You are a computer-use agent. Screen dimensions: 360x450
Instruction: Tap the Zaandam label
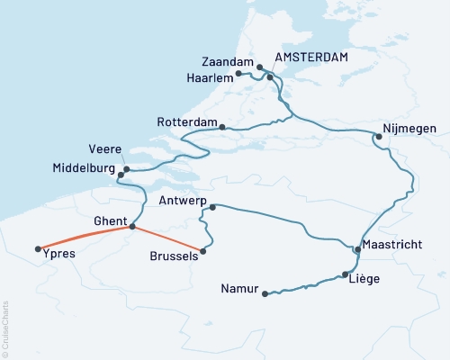[x=227, y=62]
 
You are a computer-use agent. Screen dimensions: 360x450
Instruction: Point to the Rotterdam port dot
[x=222, y=127]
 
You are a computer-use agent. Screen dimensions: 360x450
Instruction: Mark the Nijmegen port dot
[x=378, y=137]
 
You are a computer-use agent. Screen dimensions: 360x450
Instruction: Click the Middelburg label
[x=85, y=168]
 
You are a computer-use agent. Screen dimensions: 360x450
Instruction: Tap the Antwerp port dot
[x=212, y=208]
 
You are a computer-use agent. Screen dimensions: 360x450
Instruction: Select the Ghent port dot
[x=132, y=227]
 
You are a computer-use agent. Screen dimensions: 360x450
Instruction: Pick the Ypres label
[x=58, y=255]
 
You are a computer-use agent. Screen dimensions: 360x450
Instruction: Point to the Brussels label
[x=173, y=256]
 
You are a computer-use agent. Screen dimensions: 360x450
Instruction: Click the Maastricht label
[x=397, y=246]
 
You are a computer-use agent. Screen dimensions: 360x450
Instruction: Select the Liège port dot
[x=346, y=275]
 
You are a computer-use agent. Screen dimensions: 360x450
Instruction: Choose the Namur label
[x=238, y=289]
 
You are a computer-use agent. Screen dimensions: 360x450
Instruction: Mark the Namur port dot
[x=265, y=293]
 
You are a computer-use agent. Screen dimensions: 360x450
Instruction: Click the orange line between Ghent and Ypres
[x=85, y=237]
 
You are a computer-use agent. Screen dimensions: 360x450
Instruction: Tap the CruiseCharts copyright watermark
[x=6, y=329]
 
